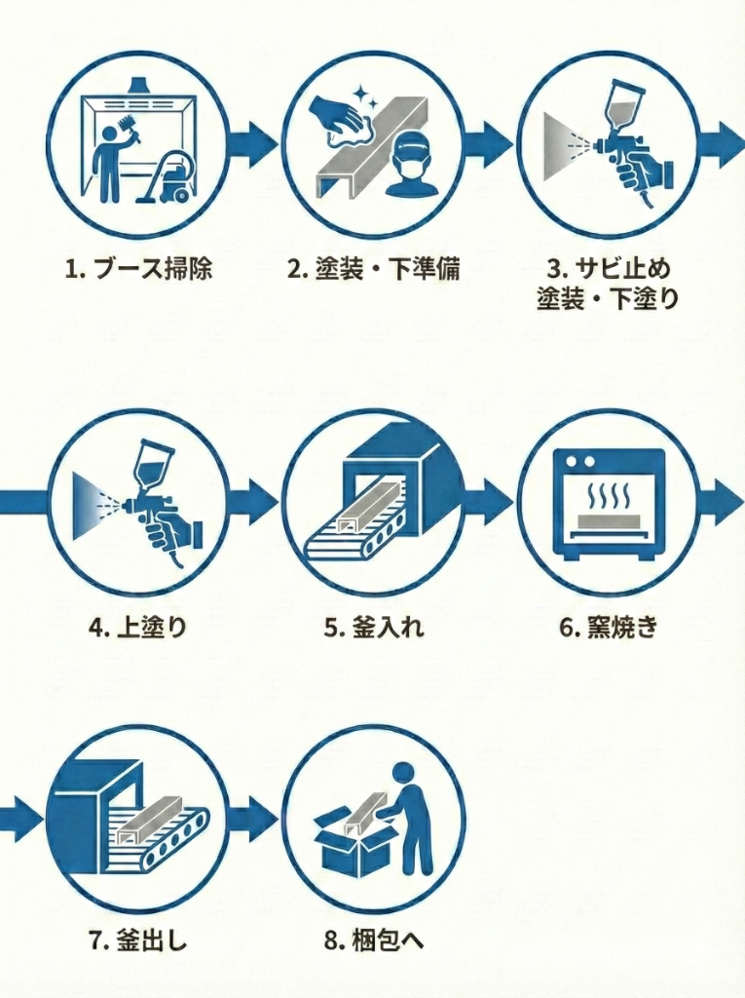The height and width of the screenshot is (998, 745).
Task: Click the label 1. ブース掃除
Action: pyautogui.click(x=137, y=269)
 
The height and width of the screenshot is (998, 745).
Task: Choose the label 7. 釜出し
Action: pyautogui.click(x=137, y=940)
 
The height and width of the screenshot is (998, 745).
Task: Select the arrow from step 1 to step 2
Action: pyautogui.click(x=254, y=143)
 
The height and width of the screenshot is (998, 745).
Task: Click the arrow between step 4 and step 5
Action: pyautogui.click(x=254, y=501)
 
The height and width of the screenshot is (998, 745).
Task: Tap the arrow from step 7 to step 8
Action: pyautogui.click(x=254, y=820)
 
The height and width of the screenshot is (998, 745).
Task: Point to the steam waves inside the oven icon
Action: pyautogui.click(x=608, y=495)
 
